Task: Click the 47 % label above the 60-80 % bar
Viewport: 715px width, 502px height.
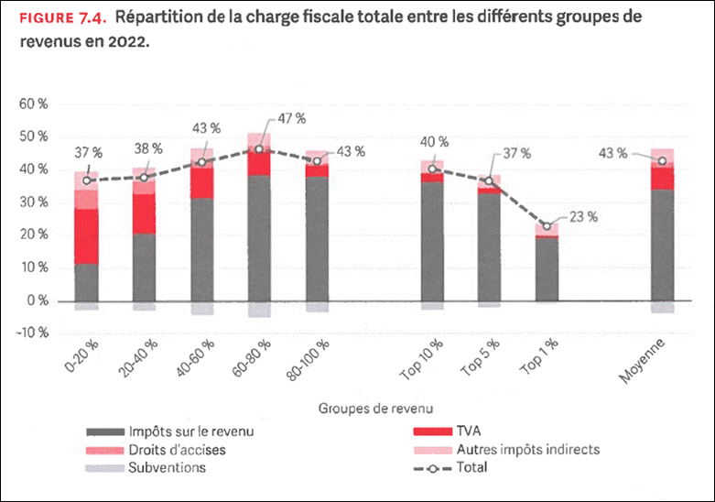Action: click(x=293, y=119)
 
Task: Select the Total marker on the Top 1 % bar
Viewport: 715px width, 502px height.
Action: click(x=547, y=226)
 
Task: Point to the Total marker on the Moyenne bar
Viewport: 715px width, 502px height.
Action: click(x=662, y=161)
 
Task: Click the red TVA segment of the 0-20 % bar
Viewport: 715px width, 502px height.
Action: click(x=87, y=236)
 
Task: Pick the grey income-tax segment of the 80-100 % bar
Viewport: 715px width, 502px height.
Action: click(x=317, y=238)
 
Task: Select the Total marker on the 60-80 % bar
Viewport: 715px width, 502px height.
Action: click(x=259, y=149)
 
